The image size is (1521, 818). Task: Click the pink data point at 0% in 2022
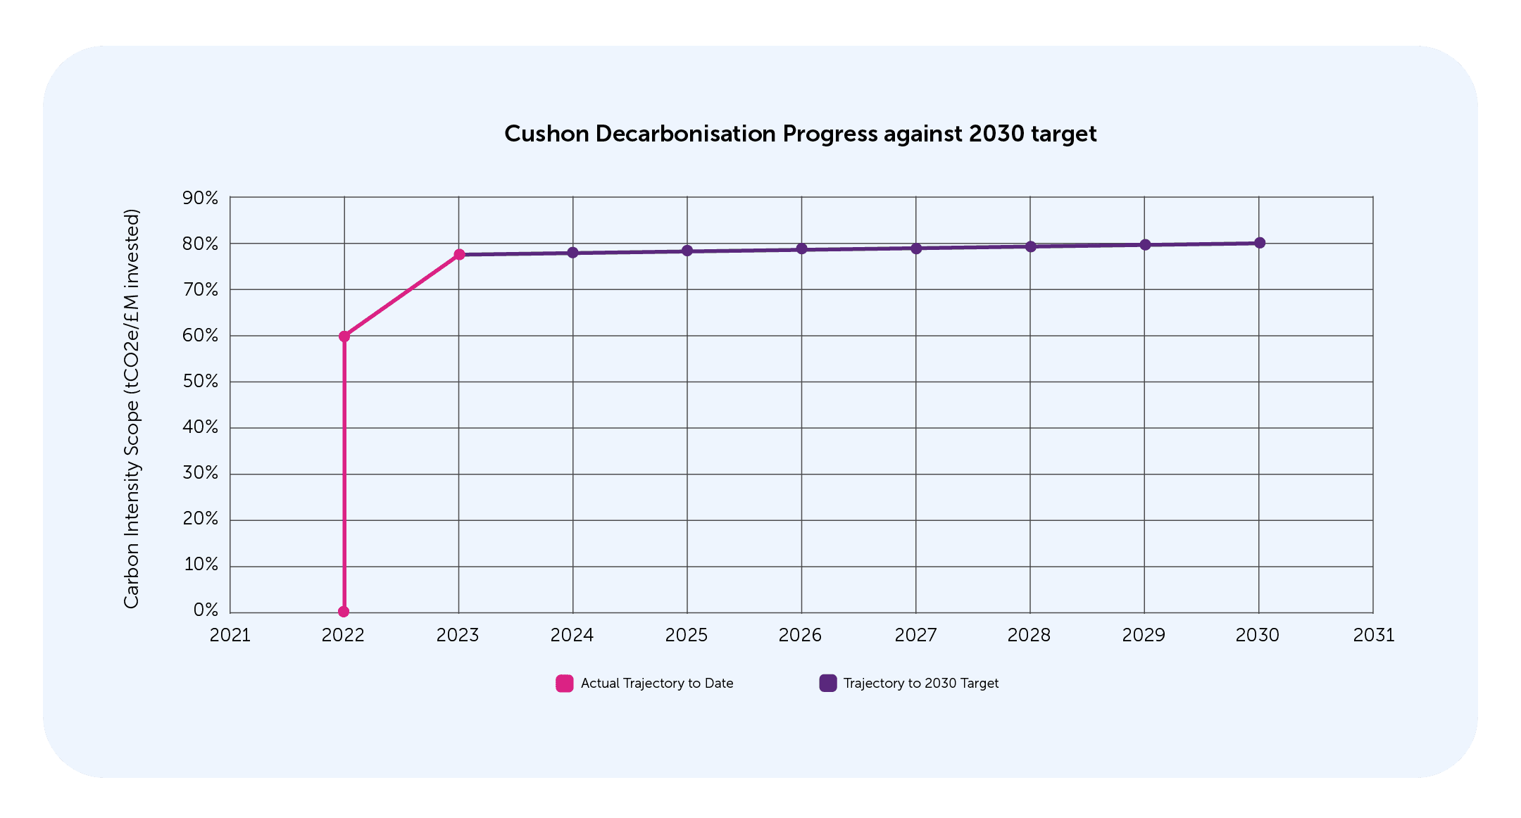coord(344,612)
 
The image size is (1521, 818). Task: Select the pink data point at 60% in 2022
coord(344,336)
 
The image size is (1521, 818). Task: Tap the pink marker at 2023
coord(459,254)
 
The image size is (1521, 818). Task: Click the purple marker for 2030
coord(1260,243)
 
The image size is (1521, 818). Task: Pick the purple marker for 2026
coord(801,248)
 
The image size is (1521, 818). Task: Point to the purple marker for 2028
coord(1030,246)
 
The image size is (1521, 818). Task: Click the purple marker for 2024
coord(573,252)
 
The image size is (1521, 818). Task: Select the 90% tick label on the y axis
coord(200,199)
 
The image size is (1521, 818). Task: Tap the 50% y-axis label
coord(200,382)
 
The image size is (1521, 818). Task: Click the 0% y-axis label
coord(206,610)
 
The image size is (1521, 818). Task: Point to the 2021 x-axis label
coord(230,636)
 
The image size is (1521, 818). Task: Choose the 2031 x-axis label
coord(1373,636)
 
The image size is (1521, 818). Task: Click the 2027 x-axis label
coord(915,636)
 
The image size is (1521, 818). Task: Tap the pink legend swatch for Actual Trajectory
coord(564,684)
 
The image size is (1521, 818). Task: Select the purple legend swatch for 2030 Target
coord(828,684)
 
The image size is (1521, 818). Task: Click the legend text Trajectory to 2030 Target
coord(921,684)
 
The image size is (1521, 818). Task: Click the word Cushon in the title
coord(546,134)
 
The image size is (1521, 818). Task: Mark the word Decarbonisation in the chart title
coord(685,134)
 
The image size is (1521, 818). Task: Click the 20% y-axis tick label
coord(200,519)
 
